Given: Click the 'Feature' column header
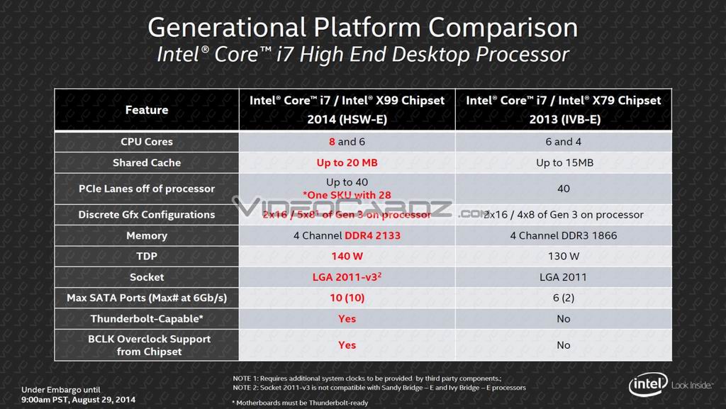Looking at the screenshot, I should (x=147, y=110).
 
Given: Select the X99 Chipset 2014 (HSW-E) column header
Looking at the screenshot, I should (x=347, y=110).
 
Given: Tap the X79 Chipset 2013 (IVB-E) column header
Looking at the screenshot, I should (x=563, y=110).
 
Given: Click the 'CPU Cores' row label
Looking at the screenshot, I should (x=147, y=142).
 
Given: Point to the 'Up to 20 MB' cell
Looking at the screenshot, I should (x=347, y=162).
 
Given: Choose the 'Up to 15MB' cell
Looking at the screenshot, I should (x=563, y=162).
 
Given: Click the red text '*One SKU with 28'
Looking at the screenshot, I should (x=347, y=195).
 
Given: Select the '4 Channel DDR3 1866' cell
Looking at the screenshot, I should (x=563, y=235).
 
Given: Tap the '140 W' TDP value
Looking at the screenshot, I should (x=347, y=256).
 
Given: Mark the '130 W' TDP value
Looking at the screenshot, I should (x=563, y=256).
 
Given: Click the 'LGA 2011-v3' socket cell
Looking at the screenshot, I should (x=347, y=277).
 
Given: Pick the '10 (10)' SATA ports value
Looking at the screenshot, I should (x=347, y=298).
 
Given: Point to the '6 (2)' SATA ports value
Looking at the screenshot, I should (x=563, y=298).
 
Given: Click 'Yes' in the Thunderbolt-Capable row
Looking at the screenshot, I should (x=347, y=319).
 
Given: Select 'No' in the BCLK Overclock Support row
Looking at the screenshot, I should (x=563, y=345).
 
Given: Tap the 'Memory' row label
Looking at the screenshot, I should (x=147, y=235).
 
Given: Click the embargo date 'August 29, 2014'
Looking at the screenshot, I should (x=107, y=399).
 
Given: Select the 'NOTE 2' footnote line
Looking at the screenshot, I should (x=379, y=388).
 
